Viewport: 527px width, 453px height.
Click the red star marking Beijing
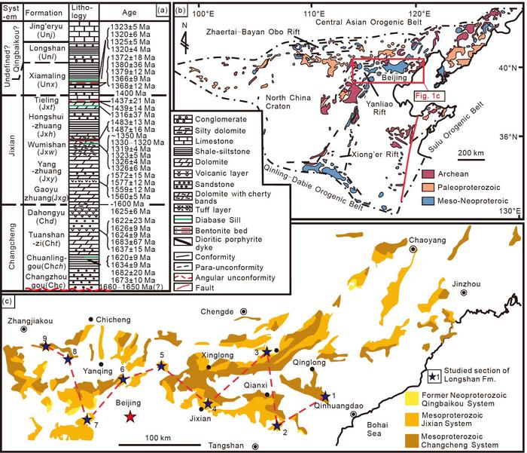(131, 417)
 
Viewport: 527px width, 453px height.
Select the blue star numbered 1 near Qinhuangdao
(325, 395)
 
